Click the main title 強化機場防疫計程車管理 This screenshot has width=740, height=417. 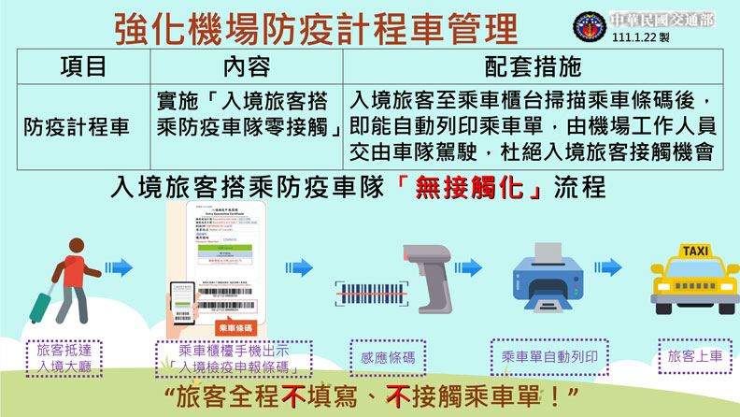click(316, 27)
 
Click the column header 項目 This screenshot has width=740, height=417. click(83, 66)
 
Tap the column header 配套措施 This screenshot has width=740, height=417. click(534, 66)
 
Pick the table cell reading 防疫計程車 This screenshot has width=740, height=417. click(77, 127)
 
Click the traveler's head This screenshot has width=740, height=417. click(78, 244)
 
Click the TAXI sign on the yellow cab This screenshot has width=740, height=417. click(694, 252)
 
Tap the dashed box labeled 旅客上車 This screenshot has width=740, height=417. click(694, 357)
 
